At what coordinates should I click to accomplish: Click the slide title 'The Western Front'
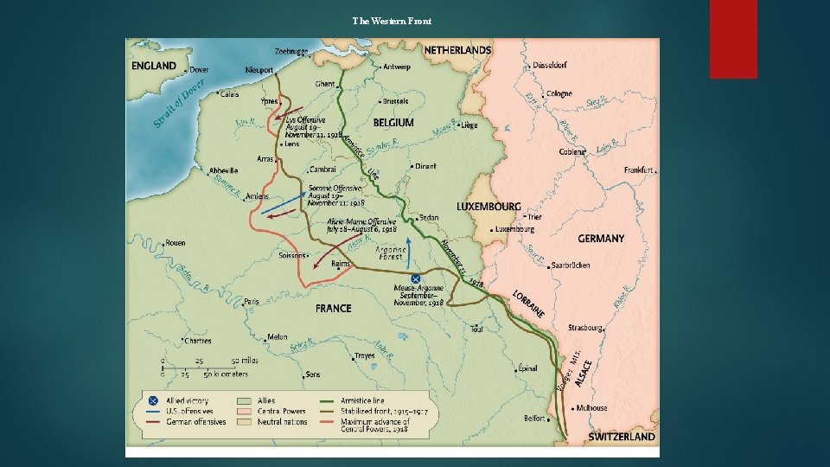(392, 20)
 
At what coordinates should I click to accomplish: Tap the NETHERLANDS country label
(457, 50)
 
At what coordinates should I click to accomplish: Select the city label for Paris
(252, 302)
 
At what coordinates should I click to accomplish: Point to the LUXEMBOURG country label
(488, 208)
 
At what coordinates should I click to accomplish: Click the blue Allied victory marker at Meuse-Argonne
(416, 278)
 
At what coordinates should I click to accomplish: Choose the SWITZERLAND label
(622, 437)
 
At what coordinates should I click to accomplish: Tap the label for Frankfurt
(639, 170)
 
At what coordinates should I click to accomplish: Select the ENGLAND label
(154, 66)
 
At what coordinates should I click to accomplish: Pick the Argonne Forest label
(392, 252)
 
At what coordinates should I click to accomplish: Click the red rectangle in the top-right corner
(733, 39)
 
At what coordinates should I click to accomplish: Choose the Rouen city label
(175, 243)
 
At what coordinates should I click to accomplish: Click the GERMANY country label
(601, 239)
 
